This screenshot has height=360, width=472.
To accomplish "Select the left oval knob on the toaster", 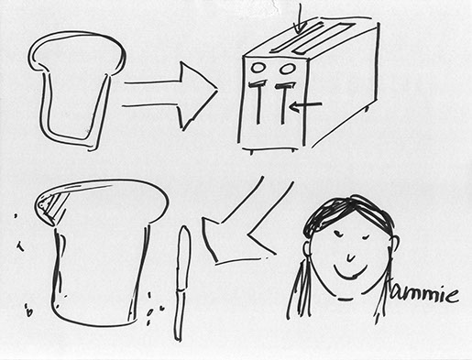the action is (x=258, y=68).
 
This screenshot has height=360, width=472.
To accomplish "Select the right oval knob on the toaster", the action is (x=287, y=68).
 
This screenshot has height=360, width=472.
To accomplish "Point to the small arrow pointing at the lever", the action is (x=305, y=105).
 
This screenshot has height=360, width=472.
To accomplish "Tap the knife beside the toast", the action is (x=182, y=282).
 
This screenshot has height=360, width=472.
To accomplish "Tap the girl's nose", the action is (x=350, y=258).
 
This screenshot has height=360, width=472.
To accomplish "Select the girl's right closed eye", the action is (x=364, y=236).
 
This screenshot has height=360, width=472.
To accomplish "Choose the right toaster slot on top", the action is (x=324, y=38).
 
